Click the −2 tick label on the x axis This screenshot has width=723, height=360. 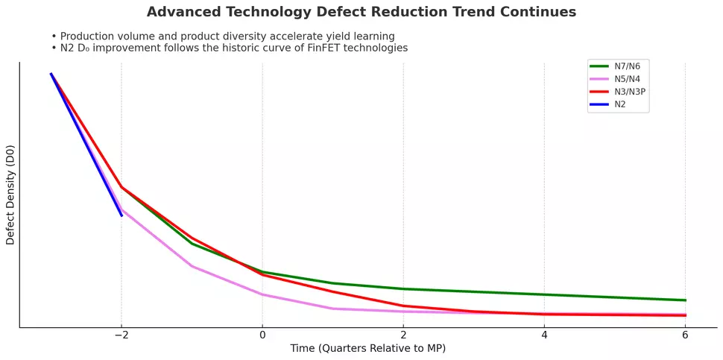pos(121,336)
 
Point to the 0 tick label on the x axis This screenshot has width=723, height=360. pos(262,336)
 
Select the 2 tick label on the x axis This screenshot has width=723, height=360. pos(403,336)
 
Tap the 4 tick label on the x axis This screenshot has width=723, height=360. pos(544,336)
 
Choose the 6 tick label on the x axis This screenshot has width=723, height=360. pos(685,336)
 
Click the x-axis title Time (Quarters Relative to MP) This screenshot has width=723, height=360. pos(367,349)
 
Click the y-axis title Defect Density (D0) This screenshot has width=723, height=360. pos(10,195)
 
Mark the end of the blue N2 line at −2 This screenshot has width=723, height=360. pos(121,215)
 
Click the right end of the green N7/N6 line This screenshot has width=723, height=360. pos(685,300)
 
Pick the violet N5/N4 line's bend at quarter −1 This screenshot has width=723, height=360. pos(192,266)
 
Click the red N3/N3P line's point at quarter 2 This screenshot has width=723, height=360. pos(403,306)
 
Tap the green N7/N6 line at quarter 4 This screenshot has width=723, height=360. pos(544,294)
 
